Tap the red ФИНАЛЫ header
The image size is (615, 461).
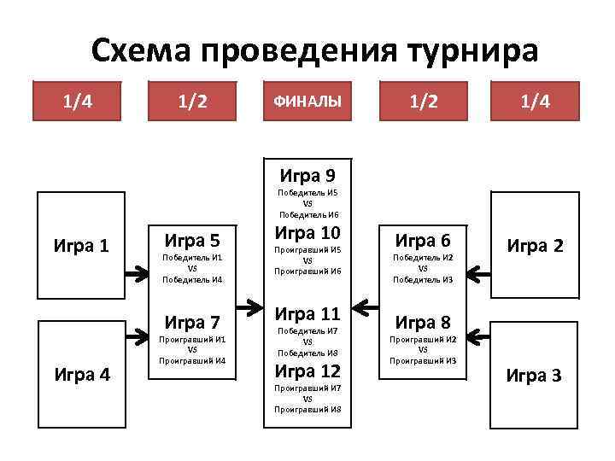[307, 102]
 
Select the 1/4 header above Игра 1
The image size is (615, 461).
[78, 102]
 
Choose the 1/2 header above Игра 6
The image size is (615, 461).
[422, 102]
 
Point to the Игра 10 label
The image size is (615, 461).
[307, 234]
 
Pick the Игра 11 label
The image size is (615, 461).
[307, 313]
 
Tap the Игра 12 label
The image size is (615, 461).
[307, 371]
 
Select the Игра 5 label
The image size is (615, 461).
[193, 240]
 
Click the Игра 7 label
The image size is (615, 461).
[193, 323]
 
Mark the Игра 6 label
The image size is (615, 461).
[422, 240]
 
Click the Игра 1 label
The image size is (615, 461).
[81, 246]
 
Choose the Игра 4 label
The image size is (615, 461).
[81, 373]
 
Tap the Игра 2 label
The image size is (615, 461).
[535, 246]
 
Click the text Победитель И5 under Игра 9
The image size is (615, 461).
[307, 194]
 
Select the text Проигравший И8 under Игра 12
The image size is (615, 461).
[307, 409]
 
